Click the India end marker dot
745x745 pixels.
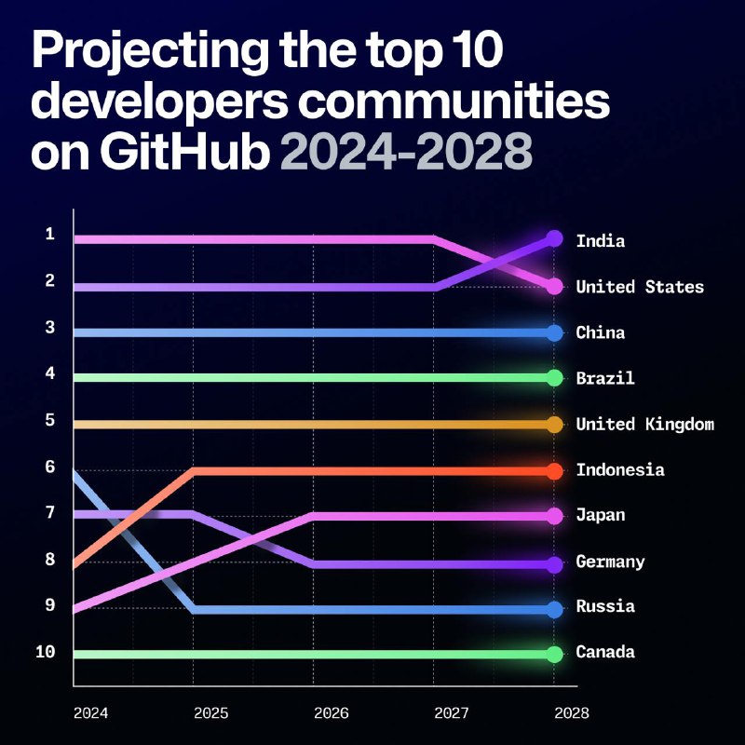click(x=554, y=239)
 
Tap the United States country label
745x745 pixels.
click(x=640, y=287)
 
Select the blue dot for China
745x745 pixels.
click(x=554, y=333)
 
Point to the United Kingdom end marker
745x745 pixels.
click(x=554, y=425)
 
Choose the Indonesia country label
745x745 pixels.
click(x=620, y=470)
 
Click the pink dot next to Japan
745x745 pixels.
click(x=554, y=516)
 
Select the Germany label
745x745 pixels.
click(x=610, y=562)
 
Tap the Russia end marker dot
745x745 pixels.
click(x=554, y=610)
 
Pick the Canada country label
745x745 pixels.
click(x=605, y=652)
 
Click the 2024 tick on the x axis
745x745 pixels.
click(x=91, y=713)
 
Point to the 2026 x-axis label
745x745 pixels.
click(x=332, y=713)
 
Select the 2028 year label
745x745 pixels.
click(x=570, y=713)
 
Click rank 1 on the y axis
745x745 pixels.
click(x=49, y=234)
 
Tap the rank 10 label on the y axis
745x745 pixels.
click(x=46, y=652)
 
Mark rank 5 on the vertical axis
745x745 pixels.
click(x=49, y=420)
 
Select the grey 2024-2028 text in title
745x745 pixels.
click(x=406, y=151)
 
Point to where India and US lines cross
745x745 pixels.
click(x=494, y=264)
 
